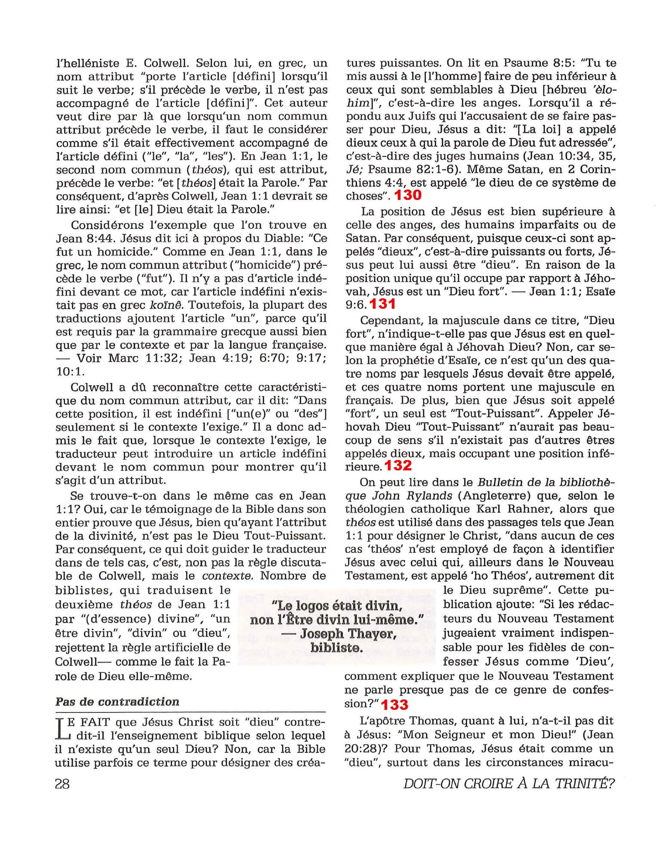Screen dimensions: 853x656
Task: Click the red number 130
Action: pos(408,195)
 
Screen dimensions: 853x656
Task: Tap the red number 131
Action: pos(382,304)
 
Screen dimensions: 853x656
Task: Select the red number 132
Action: pos(398,465)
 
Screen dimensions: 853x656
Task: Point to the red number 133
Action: pos(394,705)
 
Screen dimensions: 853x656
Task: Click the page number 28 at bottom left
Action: pos(62,784)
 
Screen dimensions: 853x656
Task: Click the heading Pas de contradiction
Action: pos(117,702)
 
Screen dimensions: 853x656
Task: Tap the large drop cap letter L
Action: pos(62,729)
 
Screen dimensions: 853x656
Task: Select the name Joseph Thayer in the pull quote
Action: pos(348,634)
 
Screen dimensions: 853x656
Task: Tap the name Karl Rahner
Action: pos(512,509)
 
